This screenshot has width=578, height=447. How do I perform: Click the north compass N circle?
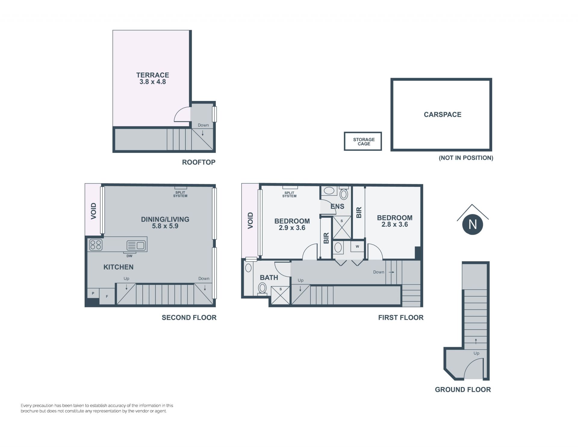tap(473, 225)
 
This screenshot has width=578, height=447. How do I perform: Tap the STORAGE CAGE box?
tap(363, 141)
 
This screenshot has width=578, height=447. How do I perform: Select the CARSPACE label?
tap(443, 115)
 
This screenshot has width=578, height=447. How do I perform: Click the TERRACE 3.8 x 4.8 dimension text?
tap(153, 82)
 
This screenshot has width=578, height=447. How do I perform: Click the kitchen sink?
tap(136, 245)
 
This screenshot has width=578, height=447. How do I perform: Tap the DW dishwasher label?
tap(129, 256)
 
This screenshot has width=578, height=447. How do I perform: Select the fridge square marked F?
tap(107, 297)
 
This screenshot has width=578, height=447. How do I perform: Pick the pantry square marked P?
tap(93, 293)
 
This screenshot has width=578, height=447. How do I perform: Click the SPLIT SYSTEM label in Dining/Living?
tap(180, 194)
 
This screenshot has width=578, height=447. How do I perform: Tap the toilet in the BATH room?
tap(263, 289)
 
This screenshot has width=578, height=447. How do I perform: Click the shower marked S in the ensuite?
tap(342, 227)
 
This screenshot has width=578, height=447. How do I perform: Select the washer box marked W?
tap(357, 247)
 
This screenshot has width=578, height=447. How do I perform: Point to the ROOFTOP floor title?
tap(199, 162)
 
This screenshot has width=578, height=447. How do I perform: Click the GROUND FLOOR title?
tap(463, 390)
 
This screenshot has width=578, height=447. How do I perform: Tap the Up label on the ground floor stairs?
tap(476, 353)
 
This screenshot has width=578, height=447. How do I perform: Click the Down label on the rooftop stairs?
tap(203, 125)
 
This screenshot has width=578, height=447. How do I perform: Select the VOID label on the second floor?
tap(94, 211)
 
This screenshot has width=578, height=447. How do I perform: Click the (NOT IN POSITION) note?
tap(466, 158)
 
